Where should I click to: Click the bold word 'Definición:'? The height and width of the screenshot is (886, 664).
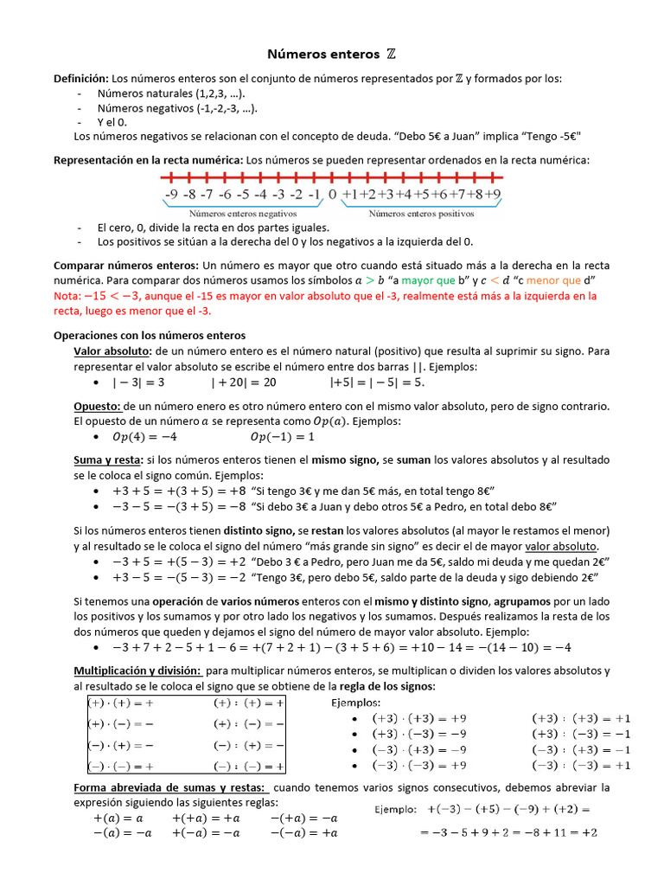(81, 79)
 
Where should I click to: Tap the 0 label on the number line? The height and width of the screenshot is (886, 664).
(333, 195)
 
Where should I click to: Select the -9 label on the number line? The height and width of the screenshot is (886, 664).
(172, 195)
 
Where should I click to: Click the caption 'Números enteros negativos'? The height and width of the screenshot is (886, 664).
(243, 212)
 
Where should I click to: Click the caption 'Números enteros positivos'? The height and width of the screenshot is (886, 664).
(421, 212)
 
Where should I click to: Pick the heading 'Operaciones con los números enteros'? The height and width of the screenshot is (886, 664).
(150, 335)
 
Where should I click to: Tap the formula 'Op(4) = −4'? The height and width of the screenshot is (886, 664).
(144, 436)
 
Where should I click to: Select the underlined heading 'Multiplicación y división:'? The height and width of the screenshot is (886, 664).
(137, 671)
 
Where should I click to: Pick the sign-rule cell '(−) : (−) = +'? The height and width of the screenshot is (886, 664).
(248, 766)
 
